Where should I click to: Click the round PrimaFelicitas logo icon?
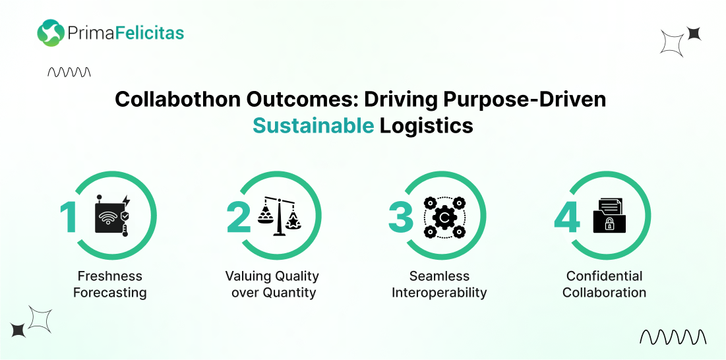(51, 33)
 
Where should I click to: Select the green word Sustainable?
(313, 125)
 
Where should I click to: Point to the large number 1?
(69, 218)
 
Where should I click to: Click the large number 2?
(239, 218)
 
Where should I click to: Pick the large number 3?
(400, 218)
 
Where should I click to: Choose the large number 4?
(566, 218)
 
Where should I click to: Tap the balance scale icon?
(279, 216)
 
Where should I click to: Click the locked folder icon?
(609, 215)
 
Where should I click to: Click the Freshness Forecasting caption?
(109, 284)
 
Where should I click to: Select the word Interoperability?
(439, 293)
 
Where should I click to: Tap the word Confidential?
(604, 276)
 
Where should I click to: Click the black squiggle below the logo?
(69, 72)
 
